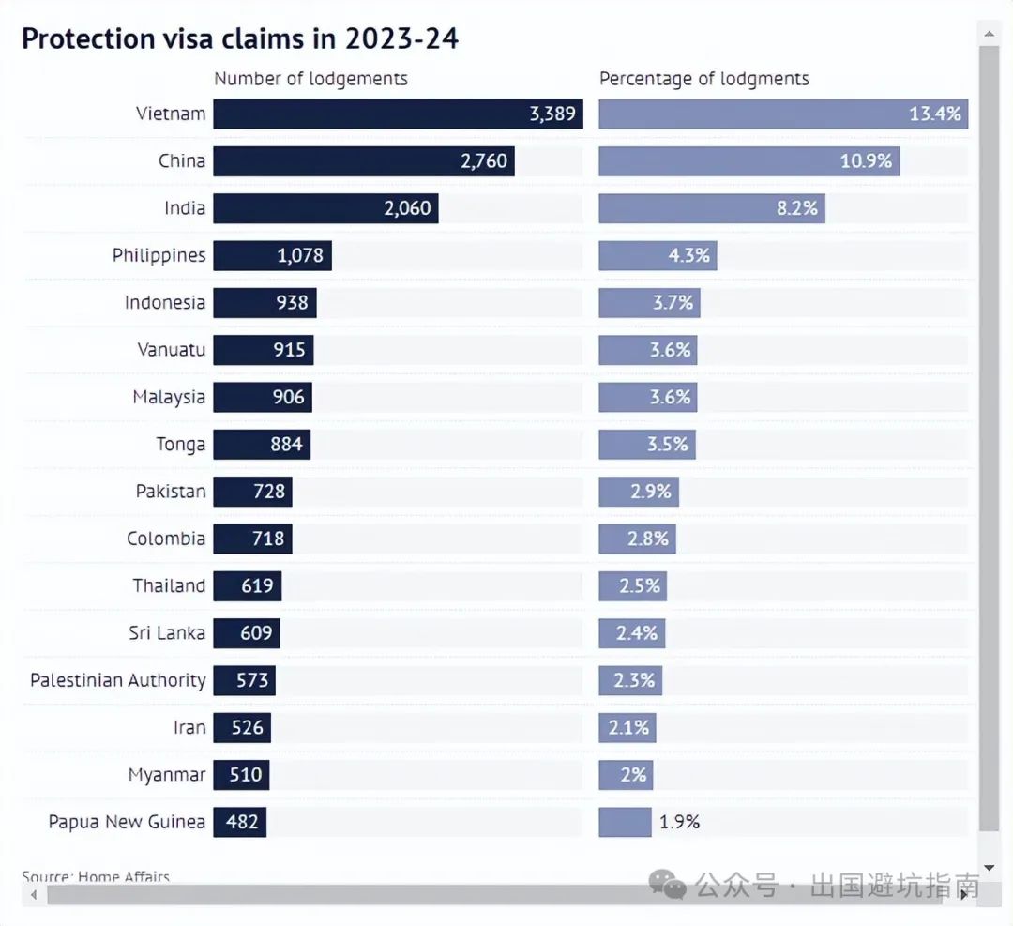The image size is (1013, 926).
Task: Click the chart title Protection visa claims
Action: (239, 38)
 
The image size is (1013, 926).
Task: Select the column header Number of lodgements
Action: (310, 79)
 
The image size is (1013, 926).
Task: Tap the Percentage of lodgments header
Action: (703, 79)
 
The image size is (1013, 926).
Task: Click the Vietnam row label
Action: (170, 114)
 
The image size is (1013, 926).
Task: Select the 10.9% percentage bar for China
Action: (748, 161)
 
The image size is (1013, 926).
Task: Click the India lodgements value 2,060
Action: (407, 208)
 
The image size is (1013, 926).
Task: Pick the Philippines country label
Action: (159, 255)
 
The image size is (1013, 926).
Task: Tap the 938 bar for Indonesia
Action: (265, 302)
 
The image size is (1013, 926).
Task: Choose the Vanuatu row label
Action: (171, 350)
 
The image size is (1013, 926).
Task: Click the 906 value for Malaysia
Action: (288, 397)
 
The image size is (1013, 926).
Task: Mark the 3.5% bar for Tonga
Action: (647, 444)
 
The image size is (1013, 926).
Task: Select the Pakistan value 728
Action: (269, 492)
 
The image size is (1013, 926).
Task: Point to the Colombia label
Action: (166, 539)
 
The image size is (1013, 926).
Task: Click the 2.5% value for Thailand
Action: (640, 586)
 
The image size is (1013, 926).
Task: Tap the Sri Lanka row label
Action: (167, 633)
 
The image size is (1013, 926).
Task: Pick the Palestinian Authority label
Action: (117, 680)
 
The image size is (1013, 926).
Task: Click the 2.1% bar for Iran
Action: (627, 727)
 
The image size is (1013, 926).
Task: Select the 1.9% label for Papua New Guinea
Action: (679, 822)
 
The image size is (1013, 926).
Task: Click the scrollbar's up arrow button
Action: (989, 34)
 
